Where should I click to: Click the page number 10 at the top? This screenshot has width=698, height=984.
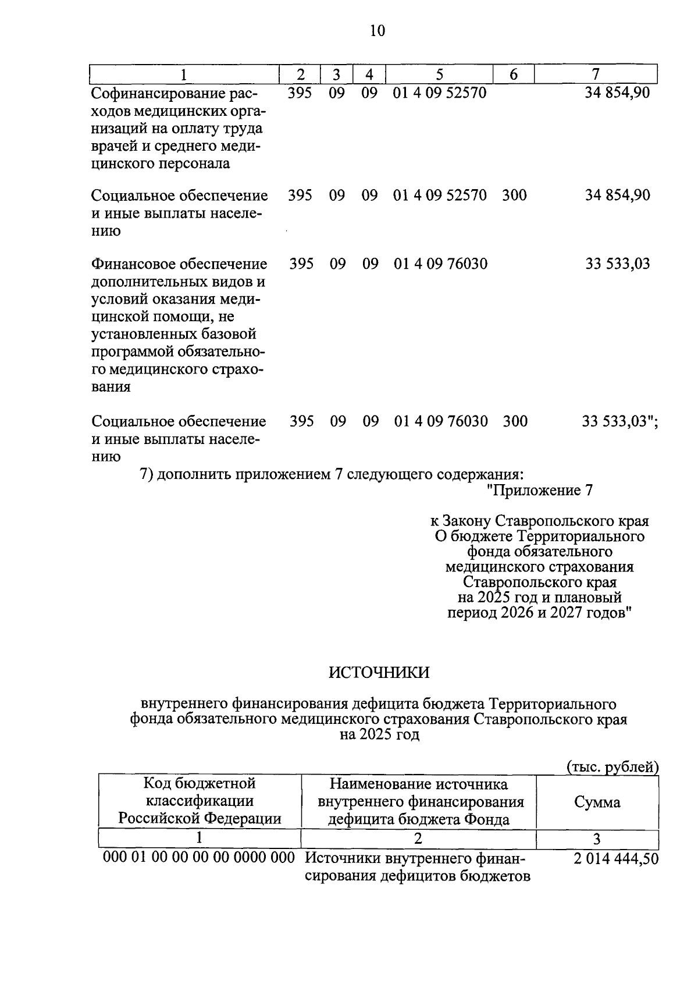coord(377,30)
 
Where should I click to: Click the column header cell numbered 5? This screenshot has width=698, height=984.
coord(439,74)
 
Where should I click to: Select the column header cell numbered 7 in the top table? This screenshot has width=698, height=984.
coord(595,74)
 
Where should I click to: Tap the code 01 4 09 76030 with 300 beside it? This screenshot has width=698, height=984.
coord(441,421)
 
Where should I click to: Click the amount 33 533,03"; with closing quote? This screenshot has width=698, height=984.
coord(620,421)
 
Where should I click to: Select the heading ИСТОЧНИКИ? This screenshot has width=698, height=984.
coord(379,672)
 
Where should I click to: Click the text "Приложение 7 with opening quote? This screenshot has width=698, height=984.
coord(539,491)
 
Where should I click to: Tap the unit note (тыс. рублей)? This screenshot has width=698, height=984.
coord(612,767)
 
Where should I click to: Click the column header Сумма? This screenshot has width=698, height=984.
coord(597,802)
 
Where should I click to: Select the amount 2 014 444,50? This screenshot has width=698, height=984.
coord(616,858)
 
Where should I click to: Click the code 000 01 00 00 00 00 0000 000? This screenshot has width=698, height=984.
coord(199,858)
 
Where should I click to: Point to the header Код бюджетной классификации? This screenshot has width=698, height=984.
coord(200,793)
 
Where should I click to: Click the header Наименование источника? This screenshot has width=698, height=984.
coord(418,784)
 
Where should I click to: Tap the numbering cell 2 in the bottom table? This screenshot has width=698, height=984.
coord(418,839)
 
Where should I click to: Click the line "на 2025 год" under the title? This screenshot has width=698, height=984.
coord(379,734)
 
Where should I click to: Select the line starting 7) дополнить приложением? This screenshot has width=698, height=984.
coord(328,474)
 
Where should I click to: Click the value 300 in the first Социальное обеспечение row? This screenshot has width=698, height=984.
coord(514,195)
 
